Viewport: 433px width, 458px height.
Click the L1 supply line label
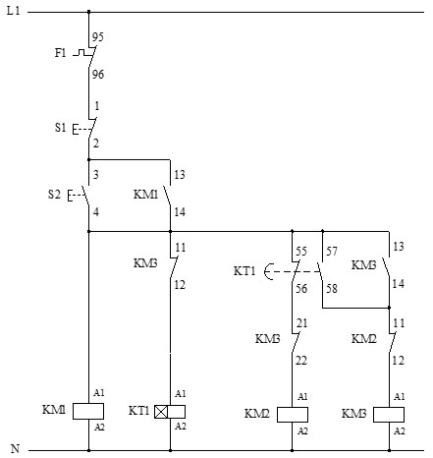(x=15, y=11)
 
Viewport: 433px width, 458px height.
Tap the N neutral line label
(x=14, y=450)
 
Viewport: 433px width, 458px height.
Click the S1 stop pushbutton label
(x=60, y=127)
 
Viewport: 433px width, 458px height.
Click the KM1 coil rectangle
(x=88, y=410)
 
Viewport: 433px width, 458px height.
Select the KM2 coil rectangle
(x=293, y=413)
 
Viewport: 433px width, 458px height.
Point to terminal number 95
(x=97, y=37)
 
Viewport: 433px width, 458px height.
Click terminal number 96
(x=97, y=74)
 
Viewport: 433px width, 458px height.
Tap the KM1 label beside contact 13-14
(x=145, y=195)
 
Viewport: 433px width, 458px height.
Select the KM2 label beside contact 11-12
(x=364, y=338)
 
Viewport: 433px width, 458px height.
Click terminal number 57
(x=330, y=252)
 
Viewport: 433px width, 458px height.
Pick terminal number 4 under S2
(x=95, y=210)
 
